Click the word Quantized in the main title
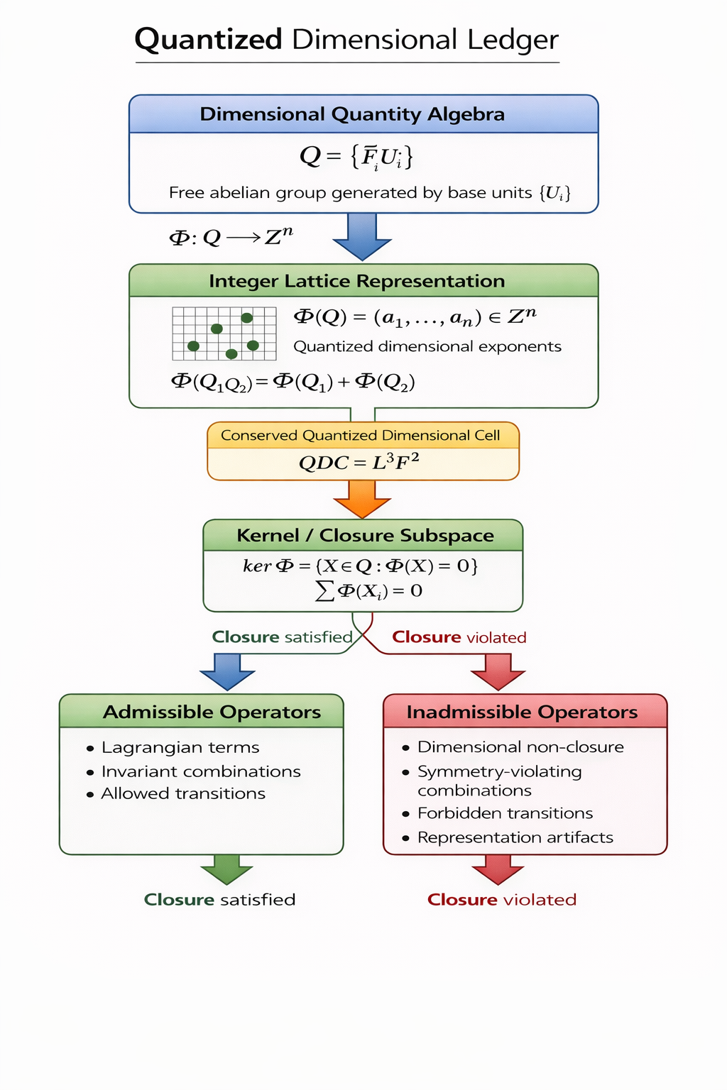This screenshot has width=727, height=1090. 208,40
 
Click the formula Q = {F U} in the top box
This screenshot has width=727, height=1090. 356,156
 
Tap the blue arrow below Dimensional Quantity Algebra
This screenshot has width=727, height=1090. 362,237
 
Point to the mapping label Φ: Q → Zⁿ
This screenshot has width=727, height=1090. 231,236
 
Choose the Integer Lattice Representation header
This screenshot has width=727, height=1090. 356,281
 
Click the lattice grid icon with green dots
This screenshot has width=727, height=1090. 224,334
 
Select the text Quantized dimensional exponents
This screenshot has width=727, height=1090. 427,346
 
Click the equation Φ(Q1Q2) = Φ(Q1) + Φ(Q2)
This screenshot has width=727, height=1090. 293,382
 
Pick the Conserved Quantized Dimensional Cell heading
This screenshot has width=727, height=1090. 361,435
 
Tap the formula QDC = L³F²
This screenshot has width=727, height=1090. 359,463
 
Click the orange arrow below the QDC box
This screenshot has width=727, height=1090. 362,499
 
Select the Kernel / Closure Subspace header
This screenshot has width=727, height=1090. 365,535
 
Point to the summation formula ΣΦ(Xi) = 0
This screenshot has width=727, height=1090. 369,590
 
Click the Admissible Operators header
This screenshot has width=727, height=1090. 212,712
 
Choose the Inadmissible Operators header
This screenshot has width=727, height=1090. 522,712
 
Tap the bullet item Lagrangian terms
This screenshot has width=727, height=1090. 180,747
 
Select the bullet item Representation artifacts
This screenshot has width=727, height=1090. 515,837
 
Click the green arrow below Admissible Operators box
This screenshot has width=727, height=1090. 226,869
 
